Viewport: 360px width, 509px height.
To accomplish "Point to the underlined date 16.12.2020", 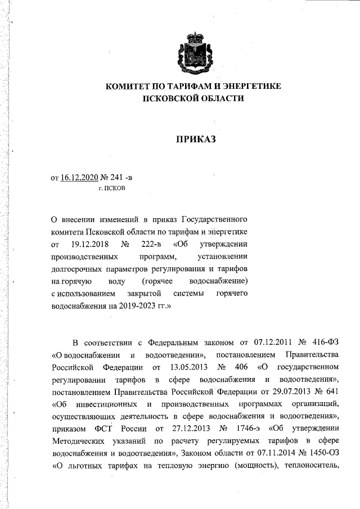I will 78,178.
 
